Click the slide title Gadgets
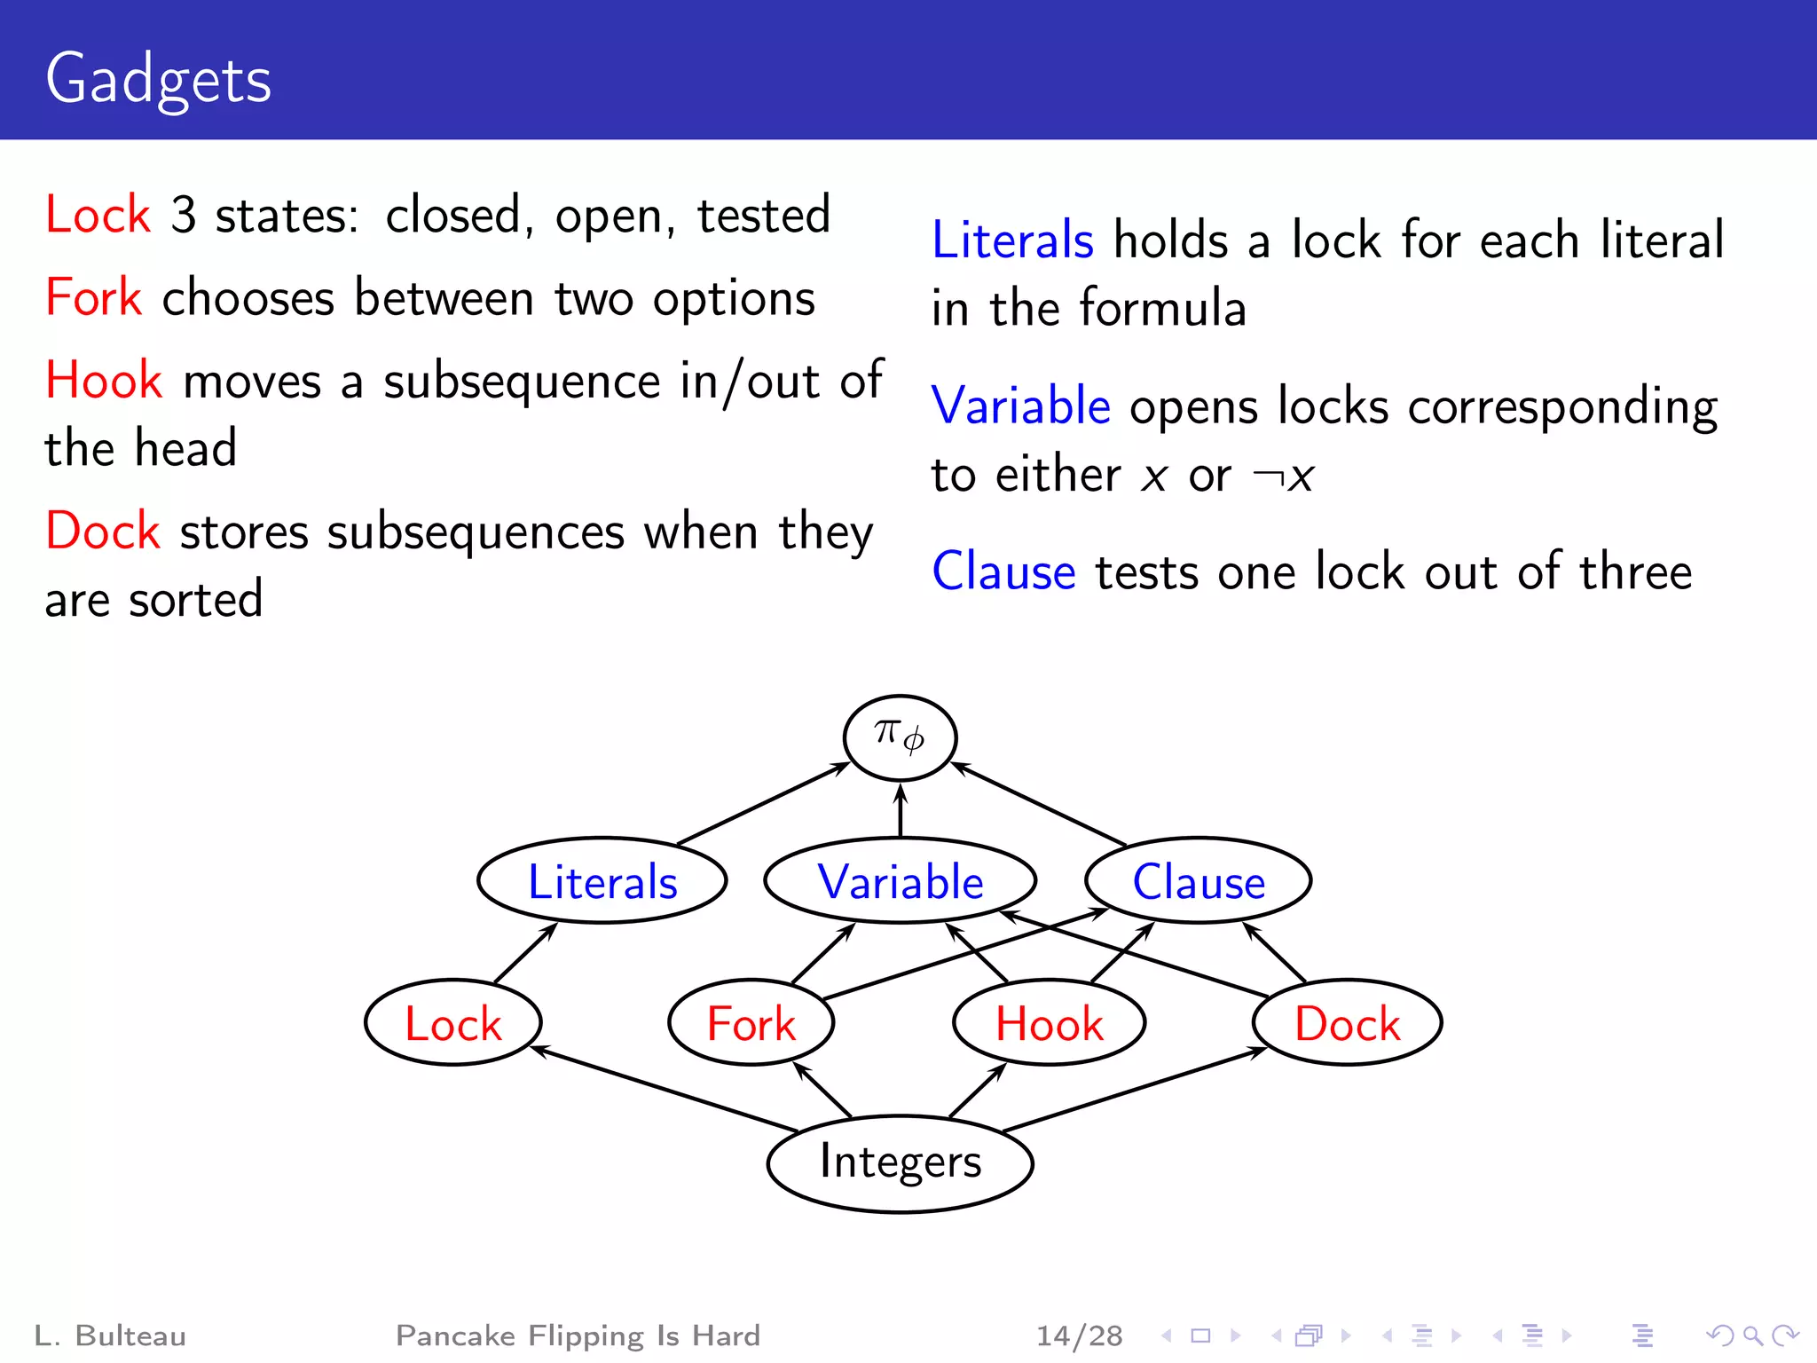pos(158,80)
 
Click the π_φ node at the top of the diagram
pos(900,737)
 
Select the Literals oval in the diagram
pos(602,881)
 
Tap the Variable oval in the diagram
pos(900,881)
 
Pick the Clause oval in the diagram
pos(1198,881)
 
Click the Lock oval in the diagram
pos(452,1023)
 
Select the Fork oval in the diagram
pos(751,1023)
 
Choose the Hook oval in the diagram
pos(1049,1023)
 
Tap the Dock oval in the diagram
pos(1347,1023)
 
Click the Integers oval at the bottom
pos(900,1162)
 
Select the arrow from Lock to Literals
pos(525,953)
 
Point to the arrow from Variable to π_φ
pos(901,810)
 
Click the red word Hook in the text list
pos(104,381)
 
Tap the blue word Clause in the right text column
pos(1003,571)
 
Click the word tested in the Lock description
pos(763,216)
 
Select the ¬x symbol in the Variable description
pos(1283,477)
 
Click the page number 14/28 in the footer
pos(1079,1335)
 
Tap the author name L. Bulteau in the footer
pos(110,1335)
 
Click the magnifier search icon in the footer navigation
pos(1752,1335)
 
